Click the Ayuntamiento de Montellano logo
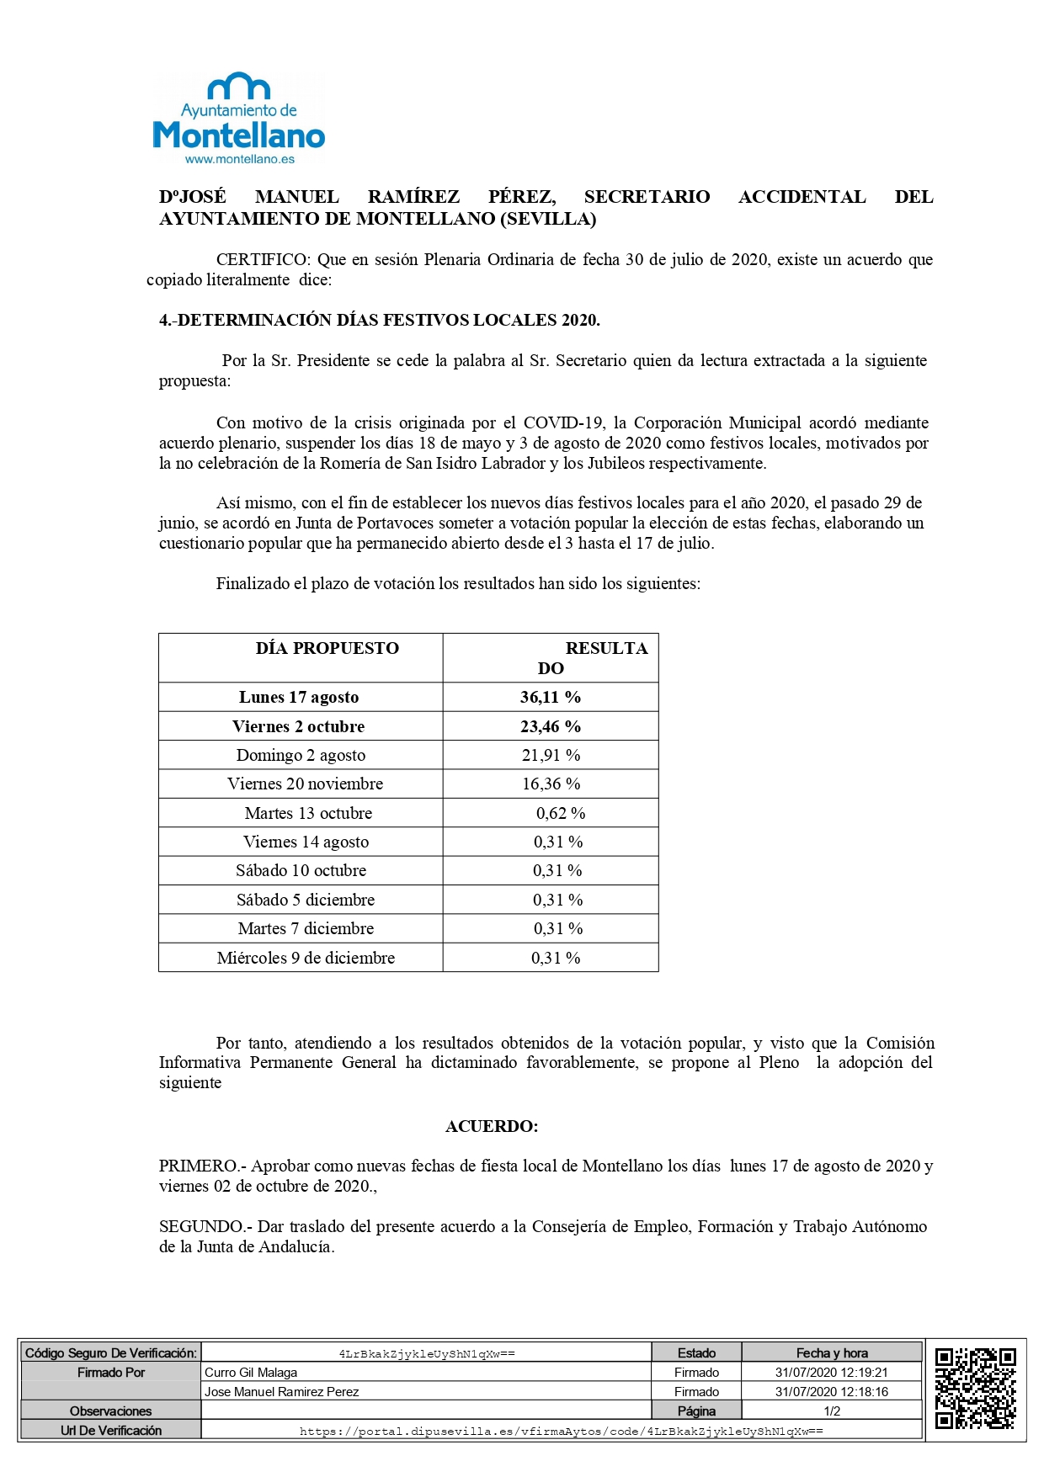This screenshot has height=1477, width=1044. coord(239,118)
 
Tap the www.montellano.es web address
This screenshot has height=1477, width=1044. coord(240,159)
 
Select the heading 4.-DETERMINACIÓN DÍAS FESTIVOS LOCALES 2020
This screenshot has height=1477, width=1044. coord(379,320)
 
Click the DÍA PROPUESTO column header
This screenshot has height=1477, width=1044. coord(327,648)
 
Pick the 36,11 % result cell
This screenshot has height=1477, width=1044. coord(551,697)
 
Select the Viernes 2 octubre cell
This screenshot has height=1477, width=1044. coord(299,726)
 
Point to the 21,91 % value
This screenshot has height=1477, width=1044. coord(551,755)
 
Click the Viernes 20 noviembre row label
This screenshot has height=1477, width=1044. coord(305,784)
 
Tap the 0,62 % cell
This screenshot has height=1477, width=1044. coord(561,813)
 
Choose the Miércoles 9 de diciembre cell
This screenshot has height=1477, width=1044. coord(306,958)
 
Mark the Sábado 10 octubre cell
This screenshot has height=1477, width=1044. coord(301,870)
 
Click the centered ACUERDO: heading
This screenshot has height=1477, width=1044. coord(492,1126)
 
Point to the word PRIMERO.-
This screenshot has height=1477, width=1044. coord(201,1166)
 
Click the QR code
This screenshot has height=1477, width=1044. coord(975,1389)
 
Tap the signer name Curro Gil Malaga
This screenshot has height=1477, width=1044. coord(251,1373)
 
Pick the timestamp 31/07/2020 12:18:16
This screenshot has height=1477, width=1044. coord(832,1392)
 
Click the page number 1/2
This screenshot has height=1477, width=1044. coord(832,1411)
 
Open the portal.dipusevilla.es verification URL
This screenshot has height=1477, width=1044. coord(561,1431)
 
